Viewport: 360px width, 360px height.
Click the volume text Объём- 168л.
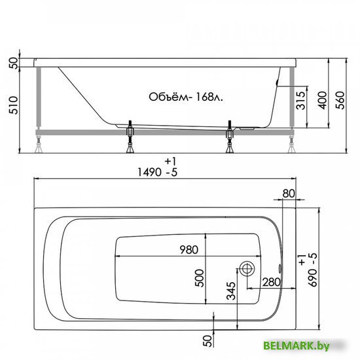coord(186,97)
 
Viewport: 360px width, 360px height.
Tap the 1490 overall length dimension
coord(149,172)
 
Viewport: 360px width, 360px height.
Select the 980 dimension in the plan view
coord(189,249)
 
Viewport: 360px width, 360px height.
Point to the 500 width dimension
coord(199,278)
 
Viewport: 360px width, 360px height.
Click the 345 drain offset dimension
coord(231,291)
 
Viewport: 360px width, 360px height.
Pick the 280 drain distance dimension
coord(272,282)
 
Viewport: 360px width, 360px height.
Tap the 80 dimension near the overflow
coord(289,194)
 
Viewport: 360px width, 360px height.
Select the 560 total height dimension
coord(340,100)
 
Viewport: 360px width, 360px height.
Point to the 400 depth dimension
coord(323,100)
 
